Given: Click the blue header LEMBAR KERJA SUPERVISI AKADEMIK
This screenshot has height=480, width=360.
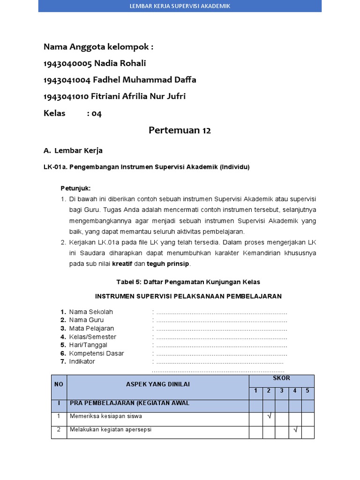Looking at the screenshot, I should click(180, 6).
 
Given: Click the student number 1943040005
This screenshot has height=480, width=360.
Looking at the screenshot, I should click(67, 63).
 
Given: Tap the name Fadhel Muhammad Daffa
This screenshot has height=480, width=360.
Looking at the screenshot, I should click(145, 80).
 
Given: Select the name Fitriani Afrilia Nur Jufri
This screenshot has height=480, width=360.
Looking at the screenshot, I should click(140, 96).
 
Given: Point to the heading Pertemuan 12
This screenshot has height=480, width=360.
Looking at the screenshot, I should click(180, 130).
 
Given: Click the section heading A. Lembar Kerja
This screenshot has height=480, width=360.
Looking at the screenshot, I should click(73, 150).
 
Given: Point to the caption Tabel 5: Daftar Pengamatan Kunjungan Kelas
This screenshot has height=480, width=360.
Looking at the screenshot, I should click(188, 282).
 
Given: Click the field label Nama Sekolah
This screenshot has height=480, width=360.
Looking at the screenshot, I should click(91, 312).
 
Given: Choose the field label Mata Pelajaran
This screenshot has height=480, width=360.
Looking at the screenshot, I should click(91, 328).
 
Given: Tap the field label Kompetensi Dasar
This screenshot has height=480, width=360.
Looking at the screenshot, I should click(97, 353).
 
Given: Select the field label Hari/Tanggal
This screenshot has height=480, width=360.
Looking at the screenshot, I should click(88, 345).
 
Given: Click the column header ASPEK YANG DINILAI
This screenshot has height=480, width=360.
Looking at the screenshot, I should click(158, 384).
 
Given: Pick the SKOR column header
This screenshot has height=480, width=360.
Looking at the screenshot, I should click(281, 378).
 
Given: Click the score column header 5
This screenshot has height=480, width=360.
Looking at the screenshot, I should click(307, 390).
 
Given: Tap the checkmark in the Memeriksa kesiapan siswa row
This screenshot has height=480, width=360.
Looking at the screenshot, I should click(269, 416).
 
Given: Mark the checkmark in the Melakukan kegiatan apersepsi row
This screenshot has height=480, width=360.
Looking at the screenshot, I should click(295, 429).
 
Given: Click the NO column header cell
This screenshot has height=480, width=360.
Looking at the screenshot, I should click(59, 384).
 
